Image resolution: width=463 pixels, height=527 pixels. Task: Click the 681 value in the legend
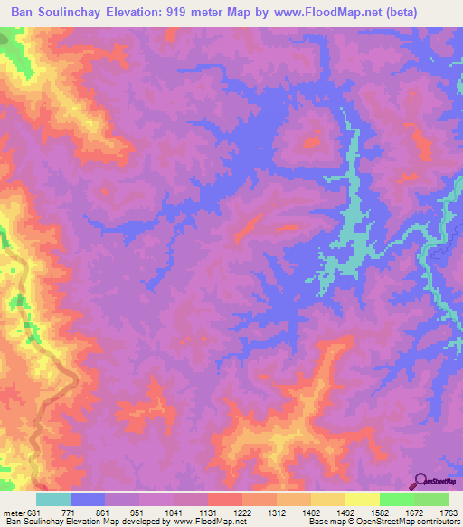33,512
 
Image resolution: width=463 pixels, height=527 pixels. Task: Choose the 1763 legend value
449,512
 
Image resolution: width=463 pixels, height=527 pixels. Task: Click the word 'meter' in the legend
12,512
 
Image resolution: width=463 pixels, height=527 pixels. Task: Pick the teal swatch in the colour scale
53,499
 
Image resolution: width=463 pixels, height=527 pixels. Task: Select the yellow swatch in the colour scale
363,499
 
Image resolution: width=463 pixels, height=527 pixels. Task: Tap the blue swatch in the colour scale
88,499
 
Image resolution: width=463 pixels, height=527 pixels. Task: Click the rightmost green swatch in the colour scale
431,499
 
